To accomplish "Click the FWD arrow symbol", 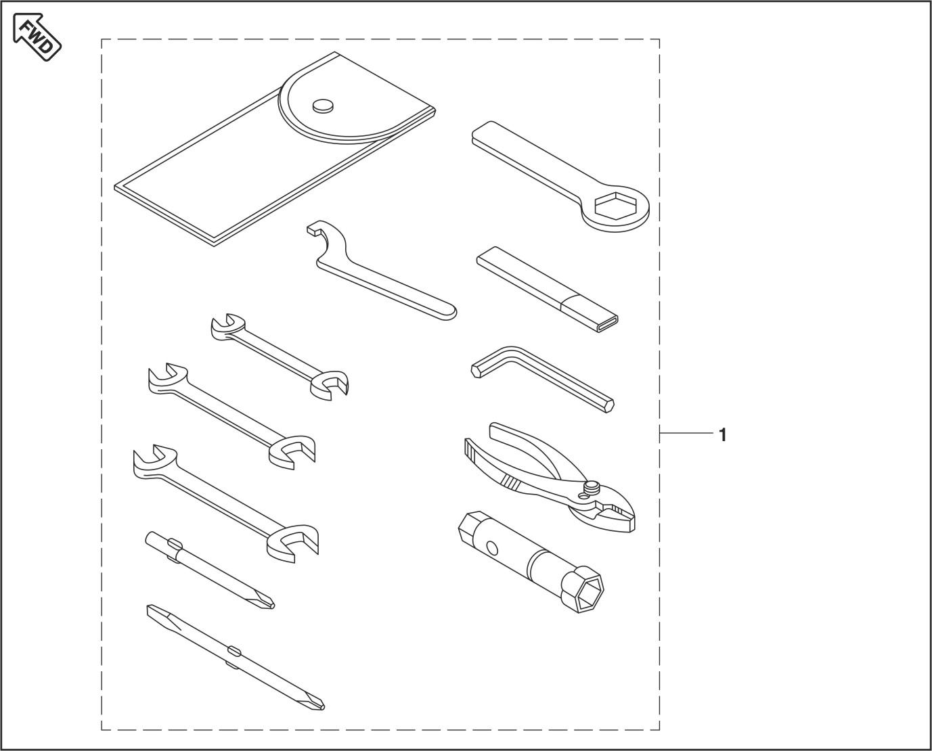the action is pyautogui.click(x=37, y=37).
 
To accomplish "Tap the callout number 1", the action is pyautogui.click(x=722, y=434).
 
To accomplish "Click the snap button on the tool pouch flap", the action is pyautogui.click(x=323, y=106).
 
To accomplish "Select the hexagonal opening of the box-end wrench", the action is pyautogui.click(x=615, y=205).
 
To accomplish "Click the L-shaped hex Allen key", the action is pyautogui.click(x=542, y=378).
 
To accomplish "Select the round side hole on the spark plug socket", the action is pyautogui.click(x=491, y=549).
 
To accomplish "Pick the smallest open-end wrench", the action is pyautogui.click(x=280, y=357).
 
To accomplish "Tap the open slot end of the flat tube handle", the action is pyautogui.click(x=607, y=324).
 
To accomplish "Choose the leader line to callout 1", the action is pyautogui.click(x=686, y=433).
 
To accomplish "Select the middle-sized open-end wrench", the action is pyautogui.click(x=231, y=415).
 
